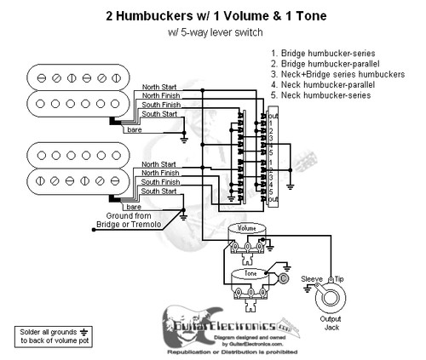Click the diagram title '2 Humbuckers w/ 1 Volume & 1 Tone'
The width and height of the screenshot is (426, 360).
pyautogui.click(x=213, y=15)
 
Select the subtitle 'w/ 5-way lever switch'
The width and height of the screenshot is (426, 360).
pyautogui.click(x=213, y=32)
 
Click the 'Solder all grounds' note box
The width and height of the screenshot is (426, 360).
pyautogui.click(x=50, y=335)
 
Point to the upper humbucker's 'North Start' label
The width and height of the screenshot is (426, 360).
pyautogui.click(x=160, y=86)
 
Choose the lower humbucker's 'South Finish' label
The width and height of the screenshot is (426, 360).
pyautogui.click(x=160, y=182)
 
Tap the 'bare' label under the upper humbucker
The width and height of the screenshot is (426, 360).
pyautogui.click(x=134, y=130)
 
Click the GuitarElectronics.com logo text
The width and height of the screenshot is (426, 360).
pyautogui.click(x=242, y=327)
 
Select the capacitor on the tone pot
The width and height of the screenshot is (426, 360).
pyautogui.click(x=284, y=278)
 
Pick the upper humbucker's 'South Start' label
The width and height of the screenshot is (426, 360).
pyautogui.click(x=160, y=114)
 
